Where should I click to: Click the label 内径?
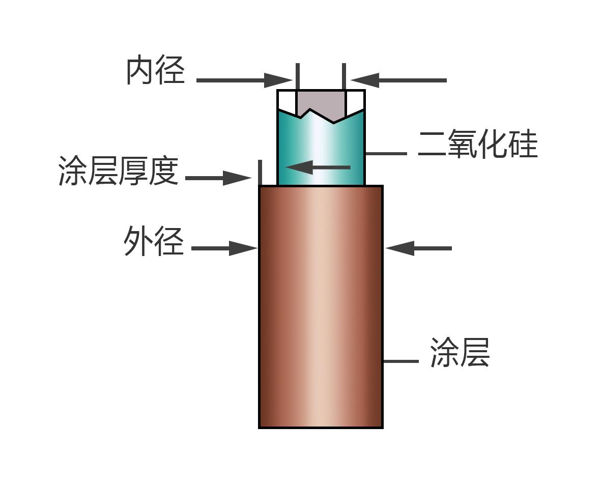(x=156, y=70)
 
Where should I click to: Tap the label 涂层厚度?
(x=119, y=171)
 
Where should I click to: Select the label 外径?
(x=154, y=241)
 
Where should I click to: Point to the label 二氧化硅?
(x=478, y=144)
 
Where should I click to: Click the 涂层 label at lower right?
(x=460, y=353)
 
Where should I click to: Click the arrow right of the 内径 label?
(x=245, y=80)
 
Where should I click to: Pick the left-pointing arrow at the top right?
(x=398, y=80)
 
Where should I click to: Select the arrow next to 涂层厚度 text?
(x=218, y=178)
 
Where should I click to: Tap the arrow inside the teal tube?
(x=318, y=167)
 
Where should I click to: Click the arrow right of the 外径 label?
(x=224, y=248)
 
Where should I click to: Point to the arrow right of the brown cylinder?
(x=418, y=248)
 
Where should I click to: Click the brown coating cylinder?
(x=321, y=306)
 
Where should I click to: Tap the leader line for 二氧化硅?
(x=386, y=154)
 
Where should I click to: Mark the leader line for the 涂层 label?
(x=401, y=361)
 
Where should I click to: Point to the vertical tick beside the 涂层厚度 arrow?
(x=260, y=173)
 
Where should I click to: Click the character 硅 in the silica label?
(x=523, y=144)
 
